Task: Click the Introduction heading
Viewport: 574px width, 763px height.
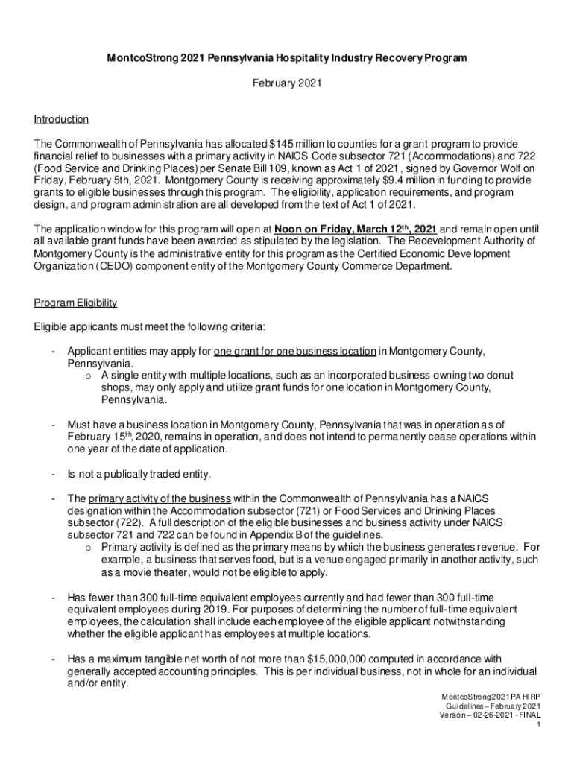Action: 62,119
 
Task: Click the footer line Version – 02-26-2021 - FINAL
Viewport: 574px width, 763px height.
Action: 489,714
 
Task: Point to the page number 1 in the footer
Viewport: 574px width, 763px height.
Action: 537,724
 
